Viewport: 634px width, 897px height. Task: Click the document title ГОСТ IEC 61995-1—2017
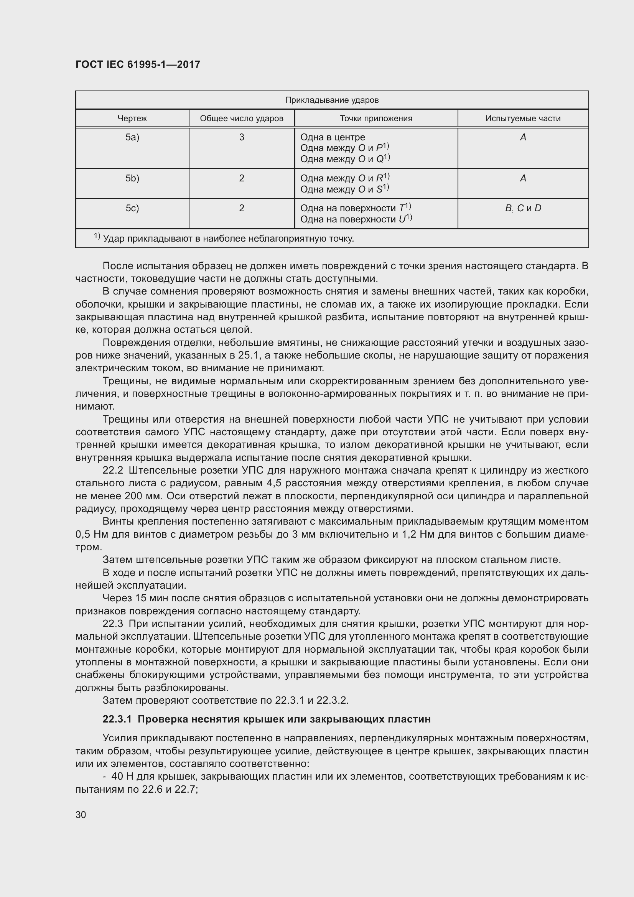click(138, 64)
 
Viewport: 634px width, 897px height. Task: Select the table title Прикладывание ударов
click(332, 100)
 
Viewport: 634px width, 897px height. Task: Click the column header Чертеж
click(132, 119)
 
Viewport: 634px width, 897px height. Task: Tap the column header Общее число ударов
click(241, 119)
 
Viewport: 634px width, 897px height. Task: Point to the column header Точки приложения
click(376, 119)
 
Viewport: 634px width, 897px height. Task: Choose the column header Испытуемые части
click(523, 119)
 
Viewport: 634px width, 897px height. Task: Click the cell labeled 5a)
click(132, 137)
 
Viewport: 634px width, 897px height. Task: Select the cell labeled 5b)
click(132, 178)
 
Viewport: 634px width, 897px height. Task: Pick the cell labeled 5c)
click(132, 208)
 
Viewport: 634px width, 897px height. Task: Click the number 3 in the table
click(241, 137)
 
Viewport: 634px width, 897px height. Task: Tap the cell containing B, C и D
click(523, 208)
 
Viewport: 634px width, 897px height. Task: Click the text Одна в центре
click(333, 137)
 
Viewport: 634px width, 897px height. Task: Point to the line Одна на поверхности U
click(356, 219)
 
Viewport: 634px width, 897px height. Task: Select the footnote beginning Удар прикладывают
click(228, 238)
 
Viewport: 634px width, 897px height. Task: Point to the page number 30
click(81, 815)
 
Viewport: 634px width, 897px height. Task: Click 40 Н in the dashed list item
click(123, 776)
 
